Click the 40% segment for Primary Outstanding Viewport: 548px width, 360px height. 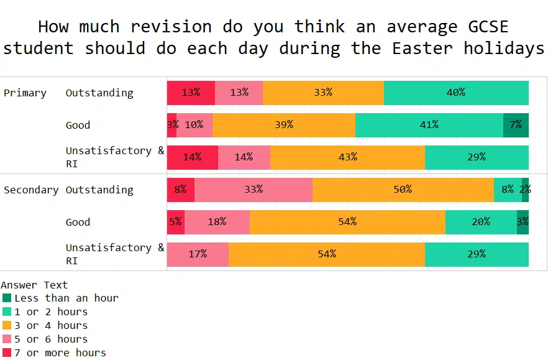[456, 93]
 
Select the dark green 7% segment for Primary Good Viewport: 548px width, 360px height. [516, 125]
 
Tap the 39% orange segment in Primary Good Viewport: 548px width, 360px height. [284, 125]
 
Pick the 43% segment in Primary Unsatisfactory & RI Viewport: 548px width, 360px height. [347, 157]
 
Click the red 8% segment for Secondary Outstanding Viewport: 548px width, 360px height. [181, 190]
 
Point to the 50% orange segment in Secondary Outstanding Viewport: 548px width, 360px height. [403, 190]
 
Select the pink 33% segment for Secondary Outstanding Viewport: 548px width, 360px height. [253, 190]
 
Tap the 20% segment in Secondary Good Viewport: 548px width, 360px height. [481, 222]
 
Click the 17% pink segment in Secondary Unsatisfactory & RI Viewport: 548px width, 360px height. [198, 254]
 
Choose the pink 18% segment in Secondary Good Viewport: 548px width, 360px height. [217, 222]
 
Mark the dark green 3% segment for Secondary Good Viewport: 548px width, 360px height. [523, 222]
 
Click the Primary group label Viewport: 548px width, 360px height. [25, 93]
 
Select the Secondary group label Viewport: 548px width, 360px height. [31, 190]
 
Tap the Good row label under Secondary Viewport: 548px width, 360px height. [78, 222]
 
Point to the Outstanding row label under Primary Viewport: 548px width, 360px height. [99, 93]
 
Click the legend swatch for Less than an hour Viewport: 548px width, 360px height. [7, 298]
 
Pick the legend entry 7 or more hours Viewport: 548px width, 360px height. [60, 353]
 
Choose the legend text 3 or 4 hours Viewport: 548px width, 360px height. [51, 325]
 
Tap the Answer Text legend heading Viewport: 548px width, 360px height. [34, 285]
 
